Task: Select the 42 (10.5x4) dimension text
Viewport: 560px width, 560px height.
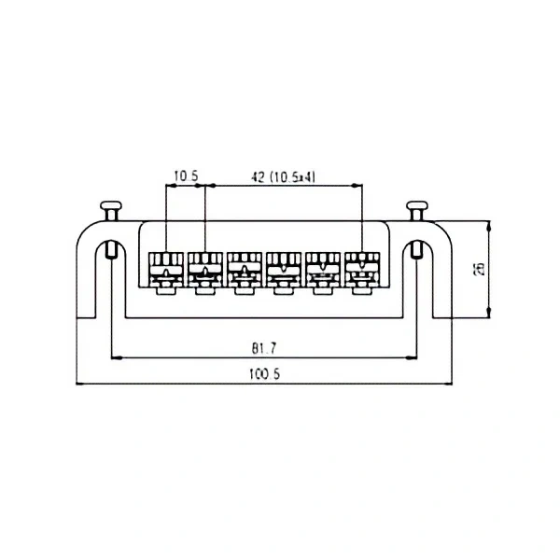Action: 281,175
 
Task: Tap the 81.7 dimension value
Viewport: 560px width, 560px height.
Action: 264,347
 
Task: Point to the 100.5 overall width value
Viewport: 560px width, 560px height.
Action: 264,374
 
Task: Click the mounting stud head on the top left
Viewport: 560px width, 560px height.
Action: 111,207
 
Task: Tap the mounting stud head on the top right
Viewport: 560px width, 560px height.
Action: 417,207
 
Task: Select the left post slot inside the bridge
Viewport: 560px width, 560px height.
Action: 111,250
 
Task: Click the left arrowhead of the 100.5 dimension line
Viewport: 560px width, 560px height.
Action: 78,384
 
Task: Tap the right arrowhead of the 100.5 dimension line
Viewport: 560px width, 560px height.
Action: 450,384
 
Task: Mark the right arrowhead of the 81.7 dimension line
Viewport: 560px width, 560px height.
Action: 413,357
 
